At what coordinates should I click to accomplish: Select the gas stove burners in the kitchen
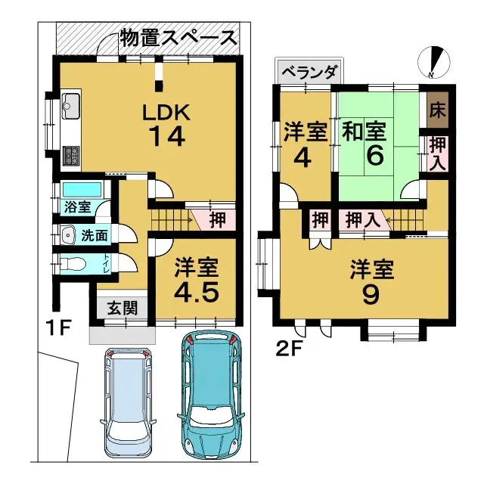pos(73,156)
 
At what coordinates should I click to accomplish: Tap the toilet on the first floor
pos(72,265)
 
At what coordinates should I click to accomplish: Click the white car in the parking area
pos(129,401)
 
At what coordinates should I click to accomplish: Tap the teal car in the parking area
pos(212,393)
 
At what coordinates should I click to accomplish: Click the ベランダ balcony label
pos(308,73)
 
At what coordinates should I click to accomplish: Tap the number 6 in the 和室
pos(375,157)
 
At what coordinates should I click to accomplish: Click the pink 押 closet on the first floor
pos(216,221)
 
